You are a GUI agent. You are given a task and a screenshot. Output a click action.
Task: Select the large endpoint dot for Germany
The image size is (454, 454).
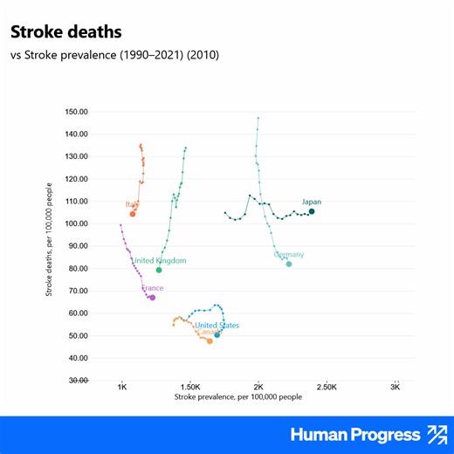289,264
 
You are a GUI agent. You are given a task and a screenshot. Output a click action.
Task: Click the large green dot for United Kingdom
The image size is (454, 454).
159,270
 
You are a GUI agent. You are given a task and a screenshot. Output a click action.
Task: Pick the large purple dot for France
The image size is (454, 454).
152,298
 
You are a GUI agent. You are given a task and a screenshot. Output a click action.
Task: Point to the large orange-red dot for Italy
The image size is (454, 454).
133,214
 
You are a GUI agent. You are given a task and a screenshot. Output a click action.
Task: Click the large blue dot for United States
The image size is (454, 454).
217,334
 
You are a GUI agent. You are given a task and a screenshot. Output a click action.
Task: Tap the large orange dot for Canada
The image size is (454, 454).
210,341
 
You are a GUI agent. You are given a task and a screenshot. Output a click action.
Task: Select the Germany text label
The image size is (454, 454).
289,254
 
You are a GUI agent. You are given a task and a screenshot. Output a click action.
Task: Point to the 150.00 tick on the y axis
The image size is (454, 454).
78,112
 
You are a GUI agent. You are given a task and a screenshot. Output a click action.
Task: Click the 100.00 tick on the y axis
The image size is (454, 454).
78,224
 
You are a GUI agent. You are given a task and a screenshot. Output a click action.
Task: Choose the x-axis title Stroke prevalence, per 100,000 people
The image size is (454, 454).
226,397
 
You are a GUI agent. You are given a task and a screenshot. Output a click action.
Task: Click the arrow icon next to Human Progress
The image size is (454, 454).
435,434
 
